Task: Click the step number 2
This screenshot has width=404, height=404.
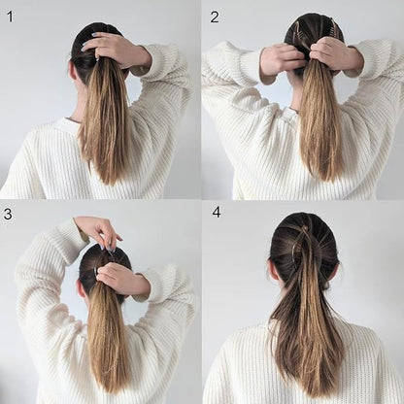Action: point(215,17)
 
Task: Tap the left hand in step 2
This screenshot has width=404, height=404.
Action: point(281,59)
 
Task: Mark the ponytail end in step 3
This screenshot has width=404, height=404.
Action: point(107,384)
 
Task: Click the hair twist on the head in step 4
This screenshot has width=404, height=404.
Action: point(305,248)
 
